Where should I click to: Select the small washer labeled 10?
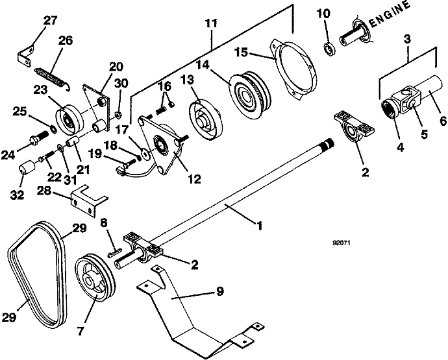coord(329,48)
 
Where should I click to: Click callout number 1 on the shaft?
coord(260,227)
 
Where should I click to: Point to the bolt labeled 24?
coord(38,138)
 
